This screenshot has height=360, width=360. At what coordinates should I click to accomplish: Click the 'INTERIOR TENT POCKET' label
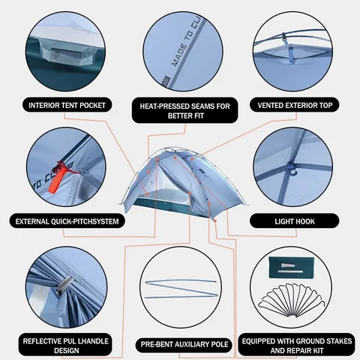pyautogui.click(x=67, y=105)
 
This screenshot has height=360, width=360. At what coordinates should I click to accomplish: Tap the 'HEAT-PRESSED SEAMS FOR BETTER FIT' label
pyautogui.click(x=185, y=111)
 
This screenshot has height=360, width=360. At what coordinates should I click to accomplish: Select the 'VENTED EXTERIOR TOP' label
pyautogui.click(x=295, y=105)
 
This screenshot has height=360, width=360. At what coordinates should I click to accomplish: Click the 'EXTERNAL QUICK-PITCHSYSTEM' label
pyautogui.click(x=67, y=221)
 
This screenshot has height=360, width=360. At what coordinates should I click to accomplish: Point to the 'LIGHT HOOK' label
pyautogui.click(x=295, y=221)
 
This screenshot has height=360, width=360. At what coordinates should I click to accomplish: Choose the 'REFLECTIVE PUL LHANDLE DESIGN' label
pyautogui.click(x=65, y=346)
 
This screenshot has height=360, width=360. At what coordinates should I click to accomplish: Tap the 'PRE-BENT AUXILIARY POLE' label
pyautogui.click(x=184, y=344)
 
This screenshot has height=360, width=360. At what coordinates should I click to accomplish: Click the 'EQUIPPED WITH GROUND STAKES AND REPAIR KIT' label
pyautogui.click(x=297, y=346)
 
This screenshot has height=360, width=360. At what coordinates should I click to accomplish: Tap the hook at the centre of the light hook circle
pyautogui.click(x=292, y=168)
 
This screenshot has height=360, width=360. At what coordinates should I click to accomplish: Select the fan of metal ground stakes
pyautogui.click(x=293, y=300)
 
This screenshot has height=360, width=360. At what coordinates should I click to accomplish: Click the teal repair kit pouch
pyautogui.click(x=291, y=267)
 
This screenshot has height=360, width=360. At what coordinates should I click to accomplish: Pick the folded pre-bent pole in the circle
pyautogui.click(x=181, y=289)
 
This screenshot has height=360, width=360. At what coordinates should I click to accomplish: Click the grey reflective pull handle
pyautogui.click(x=64, y=284)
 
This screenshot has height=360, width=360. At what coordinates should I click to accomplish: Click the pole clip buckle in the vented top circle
pyautogui.click(x=283, y=37)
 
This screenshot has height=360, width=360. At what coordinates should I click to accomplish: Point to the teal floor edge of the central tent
pyautogui.click(x=172, y=208)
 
